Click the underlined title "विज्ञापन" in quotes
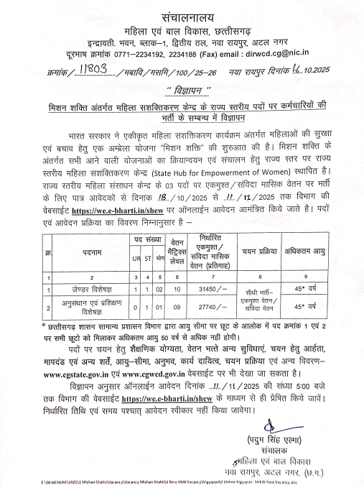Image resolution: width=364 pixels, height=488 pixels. (x=182, y=90)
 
